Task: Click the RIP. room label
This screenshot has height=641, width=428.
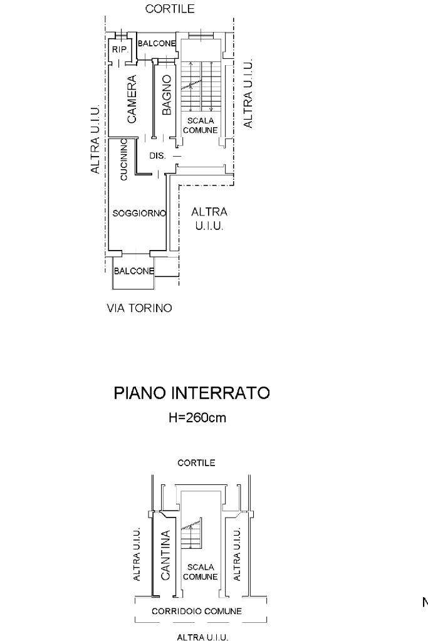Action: [118, 50]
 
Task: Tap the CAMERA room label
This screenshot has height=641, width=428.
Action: [132, 99]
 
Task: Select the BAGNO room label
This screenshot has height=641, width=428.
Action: [166, 95]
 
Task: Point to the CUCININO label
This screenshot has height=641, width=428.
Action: [124, 159]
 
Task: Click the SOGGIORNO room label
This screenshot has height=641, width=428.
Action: [138, 213]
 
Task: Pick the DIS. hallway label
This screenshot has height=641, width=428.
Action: [157, 156]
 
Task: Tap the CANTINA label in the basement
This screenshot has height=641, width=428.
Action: [166, 555]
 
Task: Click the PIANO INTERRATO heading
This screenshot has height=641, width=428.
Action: [192, 393]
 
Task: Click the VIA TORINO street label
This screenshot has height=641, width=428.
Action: [140, 308]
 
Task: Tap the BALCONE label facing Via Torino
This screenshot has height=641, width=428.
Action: [133, 271]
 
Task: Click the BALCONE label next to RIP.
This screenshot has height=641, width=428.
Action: [156, 43]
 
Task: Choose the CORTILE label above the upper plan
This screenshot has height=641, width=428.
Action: [169, 9]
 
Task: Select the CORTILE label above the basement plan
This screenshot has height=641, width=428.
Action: [196, 463]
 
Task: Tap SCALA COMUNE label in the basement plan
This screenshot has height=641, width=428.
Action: [201, 571]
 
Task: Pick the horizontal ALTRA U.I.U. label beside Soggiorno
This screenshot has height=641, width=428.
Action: [209, 219]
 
